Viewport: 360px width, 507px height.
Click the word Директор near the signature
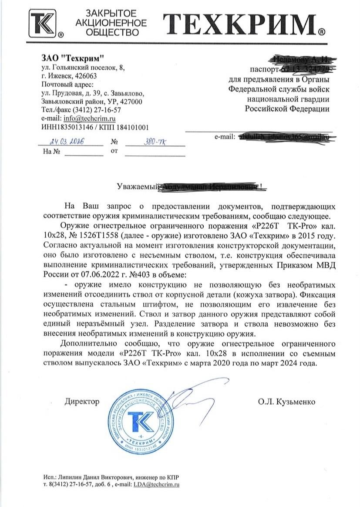coord(82,401)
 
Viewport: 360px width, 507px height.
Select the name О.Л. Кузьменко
coord(286,401)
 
